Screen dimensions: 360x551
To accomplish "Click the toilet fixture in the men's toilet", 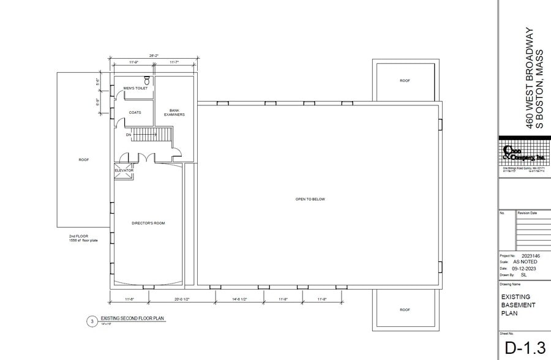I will pyautogui.click(x=147, y=80).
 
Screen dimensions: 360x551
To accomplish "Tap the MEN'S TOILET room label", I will pyautogui.click(x=135, y=88).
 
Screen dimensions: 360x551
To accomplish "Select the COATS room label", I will pyautogui.click(x=135, y=112).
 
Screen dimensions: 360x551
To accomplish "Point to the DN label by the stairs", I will pyautogui.click(x=129, y=135).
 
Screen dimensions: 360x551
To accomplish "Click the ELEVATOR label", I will pyautogui.click(x=124, y=170).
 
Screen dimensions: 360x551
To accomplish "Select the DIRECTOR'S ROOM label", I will pyautogui.click(x=148, y=223).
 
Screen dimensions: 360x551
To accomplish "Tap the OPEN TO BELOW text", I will pyautogui.click(x=310, y=200).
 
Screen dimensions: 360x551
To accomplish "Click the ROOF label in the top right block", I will pyautogui.click(x=405, y=81).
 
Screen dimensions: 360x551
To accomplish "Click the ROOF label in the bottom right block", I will pyautogui.click(x=405, y=310).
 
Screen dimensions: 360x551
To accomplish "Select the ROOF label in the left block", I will pyautogui.click(x=84, y=160).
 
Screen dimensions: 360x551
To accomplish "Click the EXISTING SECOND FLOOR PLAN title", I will pyautogui.click(x=133, y=319).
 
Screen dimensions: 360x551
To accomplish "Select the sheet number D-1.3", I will pyautogui.click(x=525, y=348).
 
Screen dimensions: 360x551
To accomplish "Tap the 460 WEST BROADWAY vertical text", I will pyautogui.click(x=531, y=78).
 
